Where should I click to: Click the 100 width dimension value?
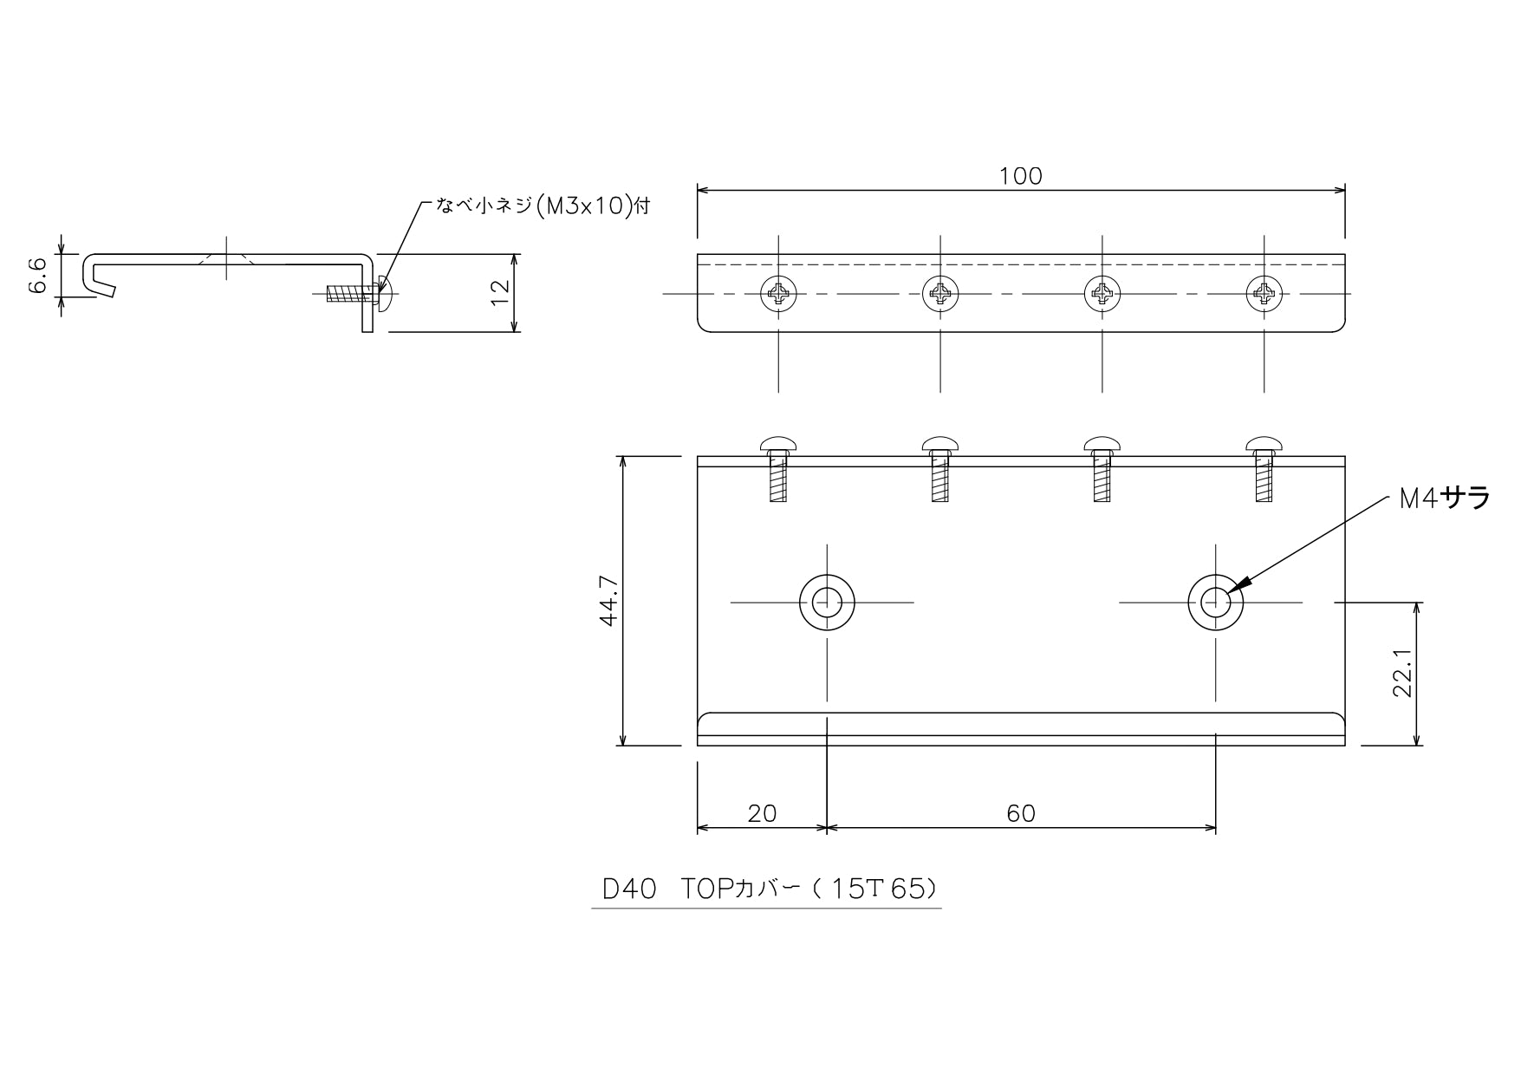click(1020, 176)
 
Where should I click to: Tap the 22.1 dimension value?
click(1403, 673)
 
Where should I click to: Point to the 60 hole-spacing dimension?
click(1021, 813)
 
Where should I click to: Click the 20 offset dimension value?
click(762, 813)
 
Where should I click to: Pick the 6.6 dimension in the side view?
click(38, 276)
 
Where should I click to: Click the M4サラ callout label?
click(1445, 498)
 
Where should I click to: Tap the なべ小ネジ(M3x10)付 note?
click(543, 207)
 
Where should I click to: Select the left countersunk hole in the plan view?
click(827, 602)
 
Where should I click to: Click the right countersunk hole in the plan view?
click(1215, 602)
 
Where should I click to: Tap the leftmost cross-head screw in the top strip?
click(778, 294)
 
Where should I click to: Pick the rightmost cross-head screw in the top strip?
click(1264, 294)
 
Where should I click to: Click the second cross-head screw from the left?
click(940, 294)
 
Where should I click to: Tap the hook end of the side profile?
click(97, 277)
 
